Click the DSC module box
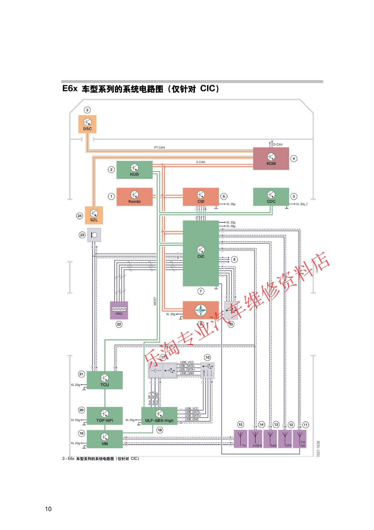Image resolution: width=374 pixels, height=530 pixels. [87, 124]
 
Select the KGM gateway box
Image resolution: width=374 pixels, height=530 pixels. [271, 159]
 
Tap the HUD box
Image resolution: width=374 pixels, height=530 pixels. [134, 170]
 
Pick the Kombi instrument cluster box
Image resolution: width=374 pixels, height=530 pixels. [134, 197]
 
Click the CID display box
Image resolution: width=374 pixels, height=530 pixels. [201, 197]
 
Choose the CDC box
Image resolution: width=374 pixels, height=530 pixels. [271, 197]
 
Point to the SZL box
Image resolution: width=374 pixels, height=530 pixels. [94, 215]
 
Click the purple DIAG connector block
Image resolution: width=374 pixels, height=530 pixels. [119, 310]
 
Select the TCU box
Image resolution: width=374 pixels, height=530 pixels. [105, 380]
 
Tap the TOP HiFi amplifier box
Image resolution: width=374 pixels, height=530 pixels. [105, 416]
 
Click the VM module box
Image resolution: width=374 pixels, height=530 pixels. [105, 439]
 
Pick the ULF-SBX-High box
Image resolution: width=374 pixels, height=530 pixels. [159, 416]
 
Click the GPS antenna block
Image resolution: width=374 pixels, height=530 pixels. [285, 439]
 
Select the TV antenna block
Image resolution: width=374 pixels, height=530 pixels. [241, 439]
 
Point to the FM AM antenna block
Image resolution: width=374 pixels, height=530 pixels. [300, 439]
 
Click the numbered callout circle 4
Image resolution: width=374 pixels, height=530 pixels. [294, 159]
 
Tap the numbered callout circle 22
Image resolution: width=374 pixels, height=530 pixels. [119, 324]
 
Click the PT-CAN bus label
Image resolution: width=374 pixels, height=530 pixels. [159, 148]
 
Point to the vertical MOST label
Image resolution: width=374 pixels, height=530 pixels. [155, 301]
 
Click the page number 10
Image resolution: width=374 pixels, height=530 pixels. [48, 509]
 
